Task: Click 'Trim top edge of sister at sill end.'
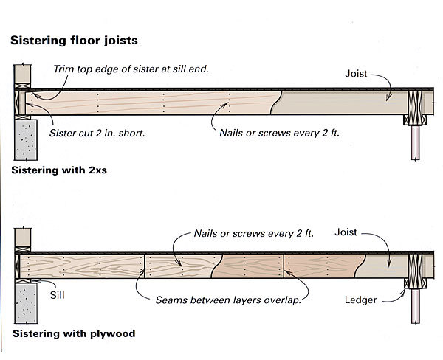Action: click(131, 69)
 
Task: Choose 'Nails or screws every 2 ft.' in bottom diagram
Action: click(253, 233)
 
